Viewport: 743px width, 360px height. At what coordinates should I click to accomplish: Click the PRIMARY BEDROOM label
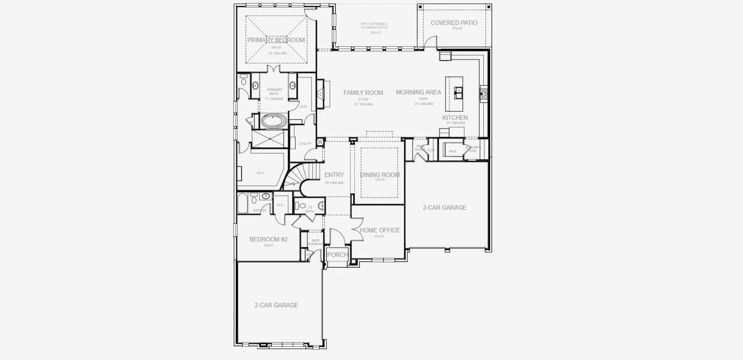[x=276, y=40]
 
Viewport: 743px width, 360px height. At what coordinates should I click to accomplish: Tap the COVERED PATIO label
[x=454, y=23]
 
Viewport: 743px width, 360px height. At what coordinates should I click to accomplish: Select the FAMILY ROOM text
[x=363, y=92]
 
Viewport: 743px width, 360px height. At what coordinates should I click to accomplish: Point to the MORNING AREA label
[x=419, y=92]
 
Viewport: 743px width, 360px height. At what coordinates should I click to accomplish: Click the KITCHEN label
[x=455, y=118]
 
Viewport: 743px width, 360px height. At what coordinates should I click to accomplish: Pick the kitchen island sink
[x=459, y=92]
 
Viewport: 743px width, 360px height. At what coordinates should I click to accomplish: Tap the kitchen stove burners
[x=483, y=93]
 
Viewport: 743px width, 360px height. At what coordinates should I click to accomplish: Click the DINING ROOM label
[x=380, y=175]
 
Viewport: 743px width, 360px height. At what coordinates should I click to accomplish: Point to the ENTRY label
[x=334, y=175]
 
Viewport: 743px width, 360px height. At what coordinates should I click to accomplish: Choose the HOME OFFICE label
[x=380, y=230]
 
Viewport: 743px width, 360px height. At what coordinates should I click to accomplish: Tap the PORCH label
[x=337, y=255]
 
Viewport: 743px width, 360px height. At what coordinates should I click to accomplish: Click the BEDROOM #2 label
[x=268, y=239]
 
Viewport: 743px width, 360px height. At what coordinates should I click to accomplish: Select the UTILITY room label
[x=305, y=144]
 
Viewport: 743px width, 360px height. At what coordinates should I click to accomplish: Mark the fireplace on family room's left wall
[x=320, y=92]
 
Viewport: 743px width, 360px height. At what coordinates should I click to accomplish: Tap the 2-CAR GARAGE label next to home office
[x=444, y=208]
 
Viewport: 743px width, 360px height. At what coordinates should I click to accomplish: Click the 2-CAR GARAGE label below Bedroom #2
[x=276, y=305]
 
